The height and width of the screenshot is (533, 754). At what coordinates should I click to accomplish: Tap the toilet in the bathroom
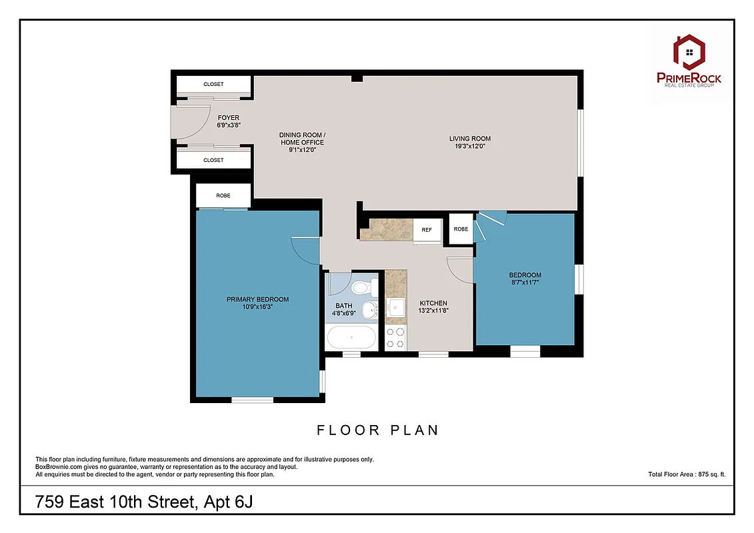pyautogui.click(x=361, y=288)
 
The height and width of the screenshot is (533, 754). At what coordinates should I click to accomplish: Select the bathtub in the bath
pyautogui.click(x=351, y=336)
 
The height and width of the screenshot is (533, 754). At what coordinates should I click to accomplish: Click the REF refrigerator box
pyautogui.click(x=427, y=230)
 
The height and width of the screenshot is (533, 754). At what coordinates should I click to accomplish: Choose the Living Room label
pyautogui.click(x=469, y=139)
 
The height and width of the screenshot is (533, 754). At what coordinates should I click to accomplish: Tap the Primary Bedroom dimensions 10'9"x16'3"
pyautogui.click(x=257, y=307)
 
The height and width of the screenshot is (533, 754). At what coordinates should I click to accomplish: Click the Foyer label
pyautogui.click(x=228, y=118)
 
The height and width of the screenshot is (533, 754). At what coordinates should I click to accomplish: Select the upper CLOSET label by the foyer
pyautogui.click(x=213, y=85)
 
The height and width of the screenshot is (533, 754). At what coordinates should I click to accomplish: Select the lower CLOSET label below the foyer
pyautogui.click(x=213, y=160)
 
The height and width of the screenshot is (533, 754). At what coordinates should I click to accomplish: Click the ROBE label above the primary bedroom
pyautogui.click(x=223, y=196)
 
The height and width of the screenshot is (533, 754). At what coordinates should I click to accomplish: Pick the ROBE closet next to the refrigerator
pyautogui.click(x=461, y=229)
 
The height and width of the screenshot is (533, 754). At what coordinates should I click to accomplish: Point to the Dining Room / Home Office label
pyautogui.click(x=302, y=139)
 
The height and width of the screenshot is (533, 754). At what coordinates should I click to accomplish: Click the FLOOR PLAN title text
pyautogui.click(x=377, y=430)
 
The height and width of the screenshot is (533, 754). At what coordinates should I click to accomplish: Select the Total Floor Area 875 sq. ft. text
pyautogui.click(x=686, y=474)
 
